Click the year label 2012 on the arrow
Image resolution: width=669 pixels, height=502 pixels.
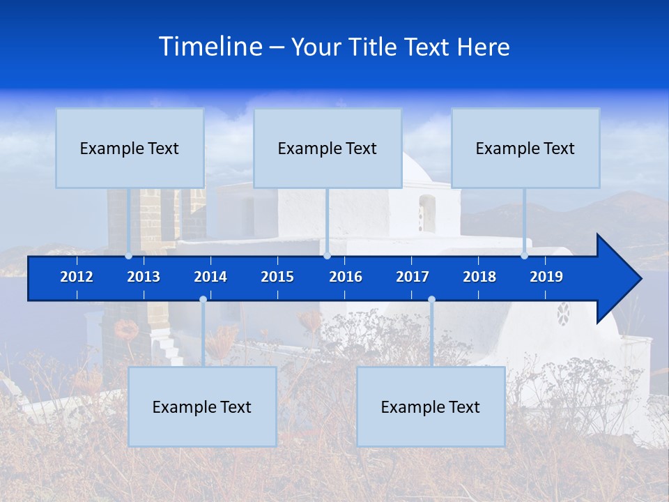[77, 277]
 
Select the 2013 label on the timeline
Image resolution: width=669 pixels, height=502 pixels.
[144, 277]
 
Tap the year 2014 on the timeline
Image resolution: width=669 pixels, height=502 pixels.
[210, 277]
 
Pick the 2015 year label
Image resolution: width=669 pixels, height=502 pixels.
[277, 277]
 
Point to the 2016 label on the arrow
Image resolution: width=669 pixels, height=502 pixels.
[346, 277]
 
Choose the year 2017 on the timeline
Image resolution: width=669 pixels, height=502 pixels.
[413, 277]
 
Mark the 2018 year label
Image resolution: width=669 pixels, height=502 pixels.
[479, 277]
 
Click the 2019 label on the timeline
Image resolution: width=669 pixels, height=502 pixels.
[546, 277]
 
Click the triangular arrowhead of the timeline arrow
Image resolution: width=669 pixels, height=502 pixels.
[617, 279]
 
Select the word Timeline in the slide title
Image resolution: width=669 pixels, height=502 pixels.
[210, 47]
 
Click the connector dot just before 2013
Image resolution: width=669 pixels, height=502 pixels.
[129, 256]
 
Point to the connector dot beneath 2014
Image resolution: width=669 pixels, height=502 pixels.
[203, 299]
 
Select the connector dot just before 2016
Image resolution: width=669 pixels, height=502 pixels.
[327, 256]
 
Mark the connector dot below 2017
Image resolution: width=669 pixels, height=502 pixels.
[431, 299]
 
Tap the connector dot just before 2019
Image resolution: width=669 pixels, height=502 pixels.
[524, 256]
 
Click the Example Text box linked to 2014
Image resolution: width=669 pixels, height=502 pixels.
[202, 406]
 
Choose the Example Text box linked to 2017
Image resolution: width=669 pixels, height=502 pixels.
[431, 406]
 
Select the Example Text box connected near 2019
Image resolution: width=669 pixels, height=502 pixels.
[525, 148]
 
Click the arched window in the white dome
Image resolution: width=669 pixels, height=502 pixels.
[426, 213]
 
